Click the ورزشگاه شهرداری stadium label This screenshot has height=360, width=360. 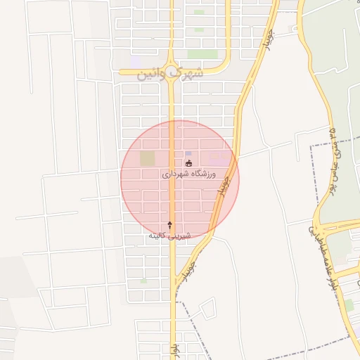point(189,174)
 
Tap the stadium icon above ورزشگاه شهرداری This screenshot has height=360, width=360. point(188,164)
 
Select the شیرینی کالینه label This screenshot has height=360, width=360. point(167,236)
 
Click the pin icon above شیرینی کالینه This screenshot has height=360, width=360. point(169,224)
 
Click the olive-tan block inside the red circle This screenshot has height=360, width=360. point(147,159)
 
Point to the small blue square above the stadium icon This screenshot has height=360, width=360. point(188,153)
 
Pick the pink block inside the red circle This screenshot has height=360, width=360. point(219,158)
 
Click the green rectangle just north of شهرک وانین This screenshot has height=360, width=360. point(202,54)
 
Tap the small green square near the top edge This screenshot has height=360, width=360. point(200,12)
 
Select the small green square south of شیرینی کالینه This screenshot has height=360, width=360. point(143,281)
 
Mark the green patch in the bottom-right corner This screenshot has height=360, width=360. point(349,304)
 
